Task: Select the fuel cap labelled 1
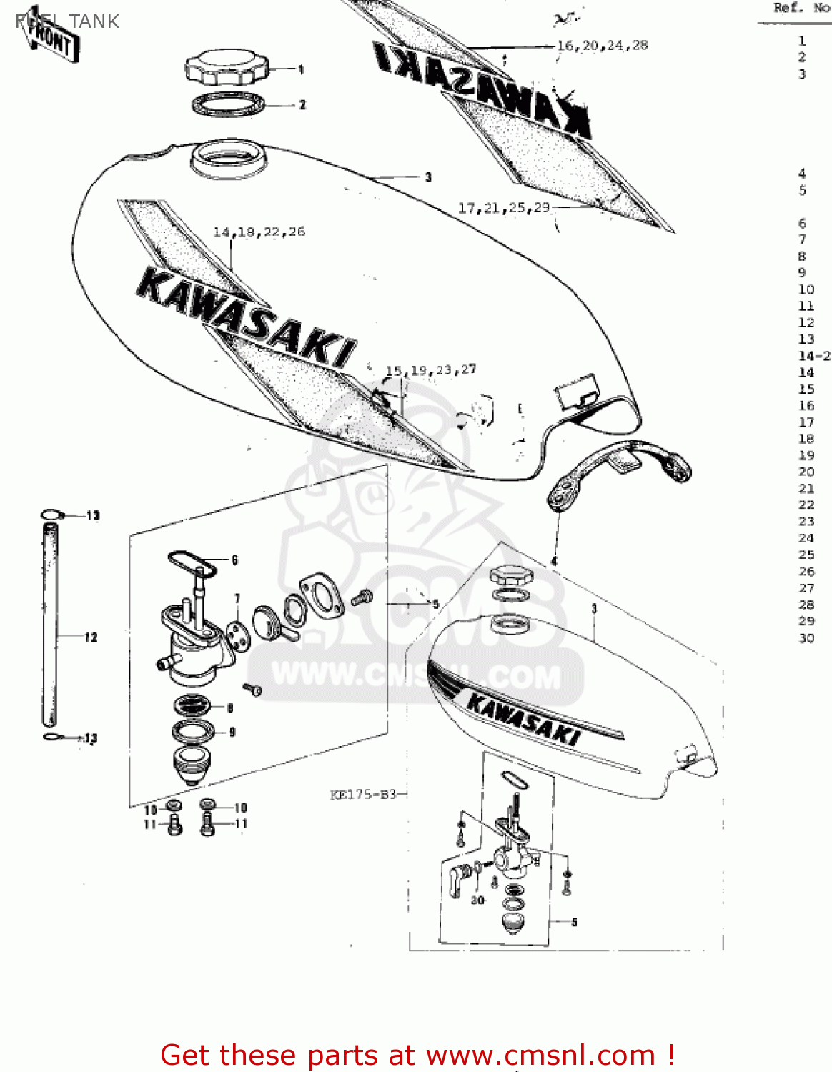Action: [227, 69]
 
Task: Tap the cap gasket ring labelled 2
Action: [228, 105]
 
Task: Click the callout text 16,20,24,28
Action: [602, 46]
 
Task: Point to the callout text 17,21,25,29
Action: [504, 208]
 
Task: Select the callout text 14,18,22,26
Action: [259, 232]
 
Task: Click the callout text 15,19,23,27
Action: [430, 370]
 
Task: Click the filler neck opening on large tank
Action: [228, 159]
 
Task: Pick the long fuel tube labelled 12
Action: [50, 625]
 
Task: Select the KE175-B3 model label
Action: [363, 795]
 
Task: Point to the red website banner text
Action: [417, 1055]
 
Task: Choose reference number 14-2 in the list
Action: [814, 356]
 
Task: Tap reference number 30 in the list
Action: [806, 637]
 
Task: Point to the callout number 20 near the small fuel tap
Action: [477, 900]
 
